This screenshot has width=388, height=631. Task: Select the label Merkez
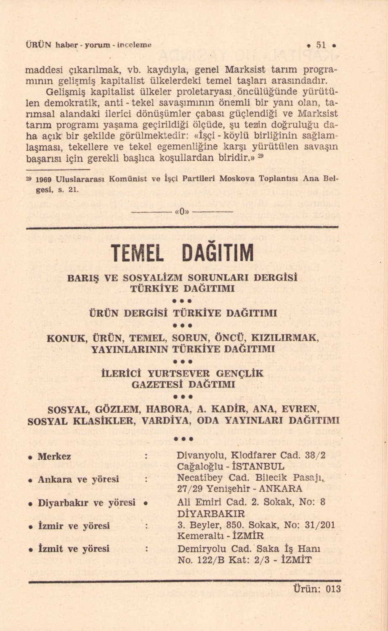[x=54, y=456]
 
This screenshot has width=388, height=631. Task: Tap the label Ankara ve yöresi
[x=78, y=479]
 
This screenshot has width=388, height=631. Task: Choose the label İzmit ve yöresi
[x=74, y=549]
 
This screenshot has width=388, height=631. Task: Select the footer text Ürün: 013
[x=316, y=589]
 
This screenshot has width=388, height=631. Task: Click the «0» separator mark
[x=182, y=212]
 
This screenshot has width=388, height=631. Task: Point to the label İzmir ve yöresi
[x=74, y=526]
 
